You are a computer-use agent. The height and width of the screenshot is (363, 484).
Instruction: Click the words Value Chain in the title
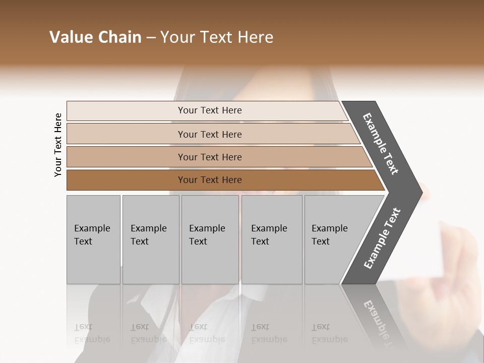(x=95, y=37)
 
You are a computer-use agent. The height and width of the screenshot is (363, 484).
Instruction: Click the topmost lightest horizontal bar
(x=126, y=110)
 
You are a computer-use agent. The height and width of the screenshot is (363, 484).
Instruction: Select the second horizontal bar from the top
(x=126, y=134)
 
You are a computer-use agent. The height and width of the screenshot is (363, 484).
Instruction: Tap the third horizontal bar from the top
(x=126, y=157)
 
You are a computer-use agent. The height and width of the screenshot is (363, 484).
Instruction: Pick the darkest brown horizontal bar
(x=126, y=180)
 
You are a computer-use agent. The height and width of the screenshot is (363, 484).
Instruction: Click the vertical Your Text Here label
(x=58, y=145)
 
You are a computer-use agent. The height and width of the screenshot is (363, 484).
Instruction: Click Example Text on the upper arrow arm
(x=381, y=144)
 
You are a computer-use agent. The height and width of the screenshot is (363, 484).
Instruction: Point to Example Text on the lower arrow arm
(x=382, y=238)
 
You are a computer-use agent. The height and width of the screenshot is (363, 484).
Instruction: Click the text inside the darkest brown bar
(x=210, y=180)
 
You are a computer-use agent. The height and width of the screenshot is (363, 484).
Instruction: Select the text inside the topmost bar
(x=210, y=110)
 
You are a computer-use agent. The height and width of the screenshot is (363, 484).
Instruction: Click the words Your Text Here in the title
(x=216, y=37)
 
